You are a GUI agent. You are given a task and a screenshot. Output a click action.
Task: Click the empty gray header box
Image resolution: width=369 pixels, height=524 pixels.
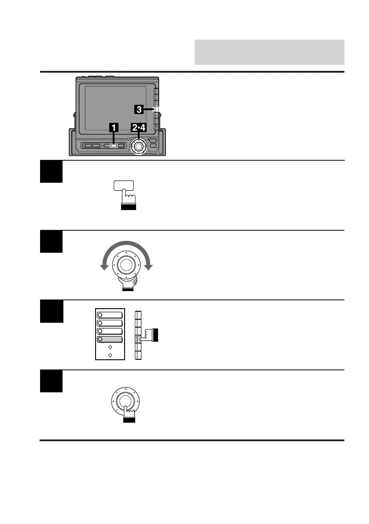tap(269, 52)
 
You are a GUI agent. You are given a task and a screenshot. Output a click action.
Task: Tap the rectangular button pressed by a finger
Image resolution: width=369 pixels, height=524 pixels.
tap(123, 186)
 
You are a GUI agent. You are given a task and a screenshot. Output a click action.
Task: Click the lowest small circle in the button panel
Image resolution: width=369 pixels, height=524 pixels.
tap(110, 355)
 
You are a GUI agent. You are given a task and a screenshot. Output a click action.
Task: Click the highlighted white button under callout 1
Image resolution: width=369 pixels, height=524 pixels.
tap(113, 145)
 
